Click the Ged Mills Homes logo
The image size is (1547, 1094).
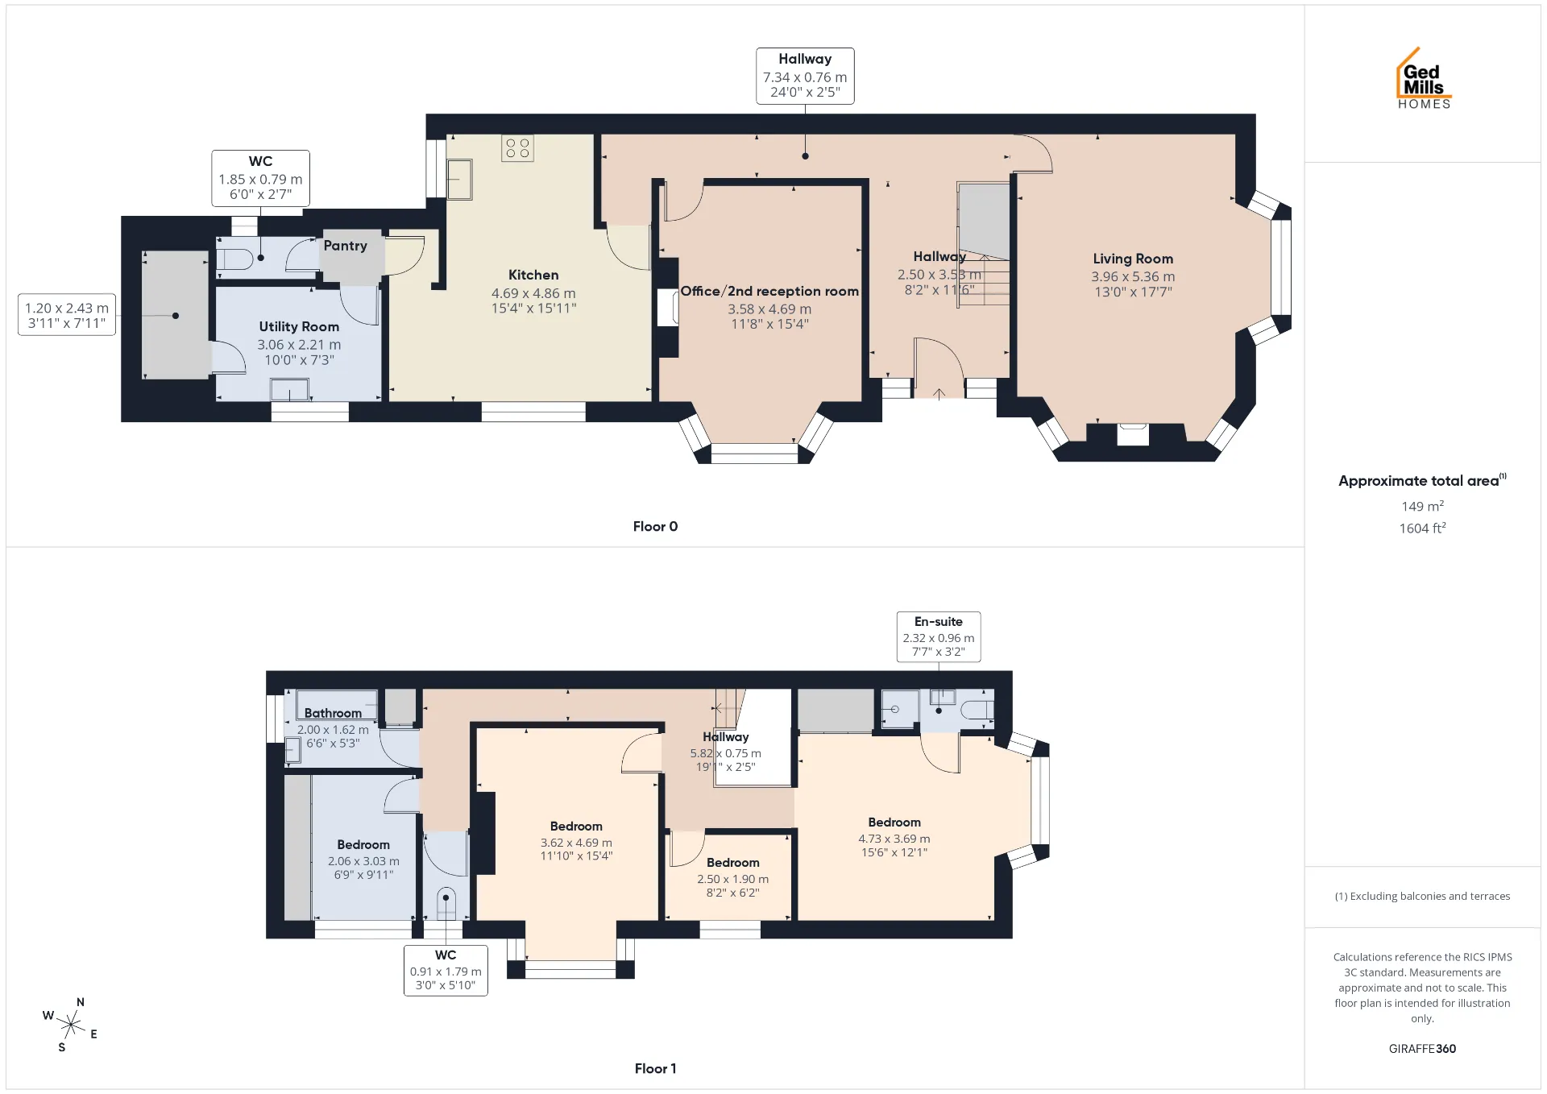[1424, 78]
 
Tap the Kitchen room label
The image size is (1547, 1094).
[533, 276]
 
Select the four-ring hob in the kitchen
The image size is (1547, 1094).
[517, 148]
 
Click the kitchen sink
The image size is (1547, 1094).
[460, 179]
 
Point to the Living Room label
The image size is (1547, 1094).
[1133, 259]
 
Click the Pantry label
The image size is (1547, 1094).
[345, 246]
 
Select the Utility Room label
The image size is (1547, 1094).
[299, 326]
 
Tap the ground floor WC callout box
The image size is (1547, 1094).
[260, 178]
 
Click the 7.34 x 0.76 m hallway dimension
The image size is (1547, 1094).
[805, 77]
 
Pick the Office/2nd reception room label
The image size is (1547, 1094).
[769, 291]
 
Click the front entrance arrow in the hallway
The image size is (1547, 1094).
[939, 394]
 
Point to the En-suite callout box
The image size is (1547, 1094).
[939, 636]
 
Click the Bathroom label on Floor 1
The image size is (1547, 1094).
[333, 713]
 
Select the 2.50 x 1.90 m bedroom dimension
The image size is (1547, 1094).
[732, 879]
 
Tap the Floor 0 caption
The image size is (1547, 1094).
[655, 526]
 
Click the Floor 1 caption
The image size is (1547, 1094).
[655, 1068]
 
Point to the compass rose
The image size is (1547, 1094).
[71, 1025]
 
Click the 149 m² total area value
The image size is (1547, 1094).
[1422, 507]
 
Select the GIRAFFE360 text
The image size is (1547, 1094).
[1422, 1048]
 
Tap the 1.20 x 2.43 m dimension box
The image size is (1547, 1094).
[67, 315]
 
